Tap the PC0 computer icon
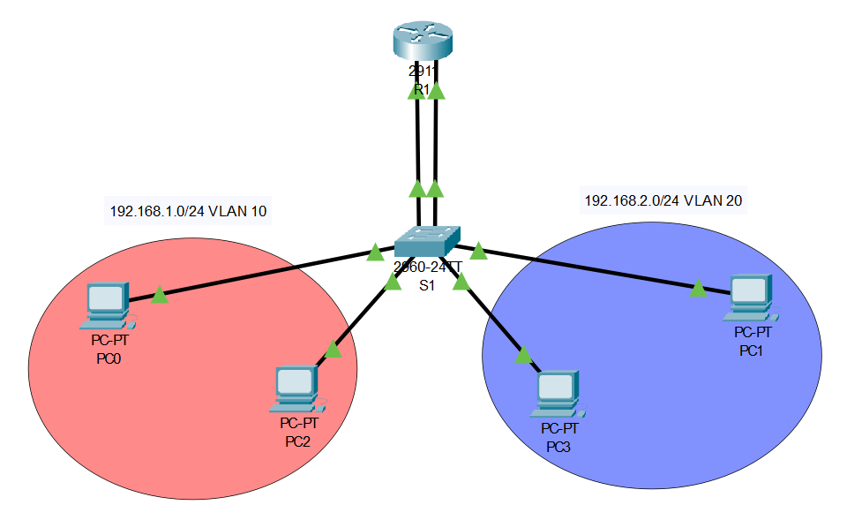[108, 302]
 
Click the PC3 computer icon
[558, 391]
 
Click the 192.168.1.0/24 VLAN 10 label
[188, 211]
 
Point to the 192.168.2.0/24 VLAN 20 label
[663, 201]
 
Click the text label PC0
[110, 358]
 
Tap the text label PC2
[297, 441]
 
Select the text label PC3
[558, 447]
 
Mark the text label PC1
[753, 350]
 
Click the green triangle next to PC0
[160, 294]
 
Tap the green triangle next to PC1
[698, 287]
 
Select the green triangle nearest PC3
[523, 355]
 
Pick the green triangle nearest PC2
[333, 350]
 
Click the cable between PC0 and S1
[265, 273]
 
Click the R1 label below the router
[421, 90]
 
